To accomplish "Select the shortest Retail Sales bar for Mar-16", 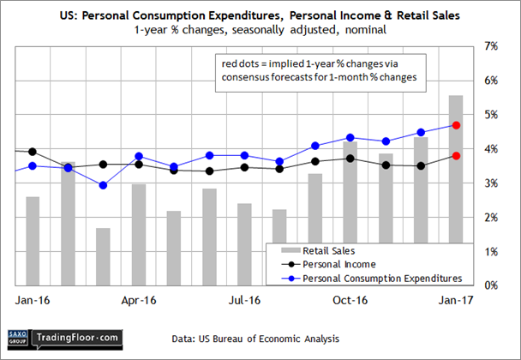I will [x=103, y=256].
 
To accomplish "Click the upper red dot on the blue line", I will [x=456, y=125].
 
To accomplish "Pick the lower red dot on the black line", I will [x=456, y=155].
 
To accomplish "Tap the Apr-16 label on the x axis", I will [x=138, y=302].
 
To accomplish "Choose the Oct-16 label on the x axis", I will [x=350, y=302].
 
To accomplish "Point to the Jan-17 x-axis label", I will [x=455, y=302].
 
